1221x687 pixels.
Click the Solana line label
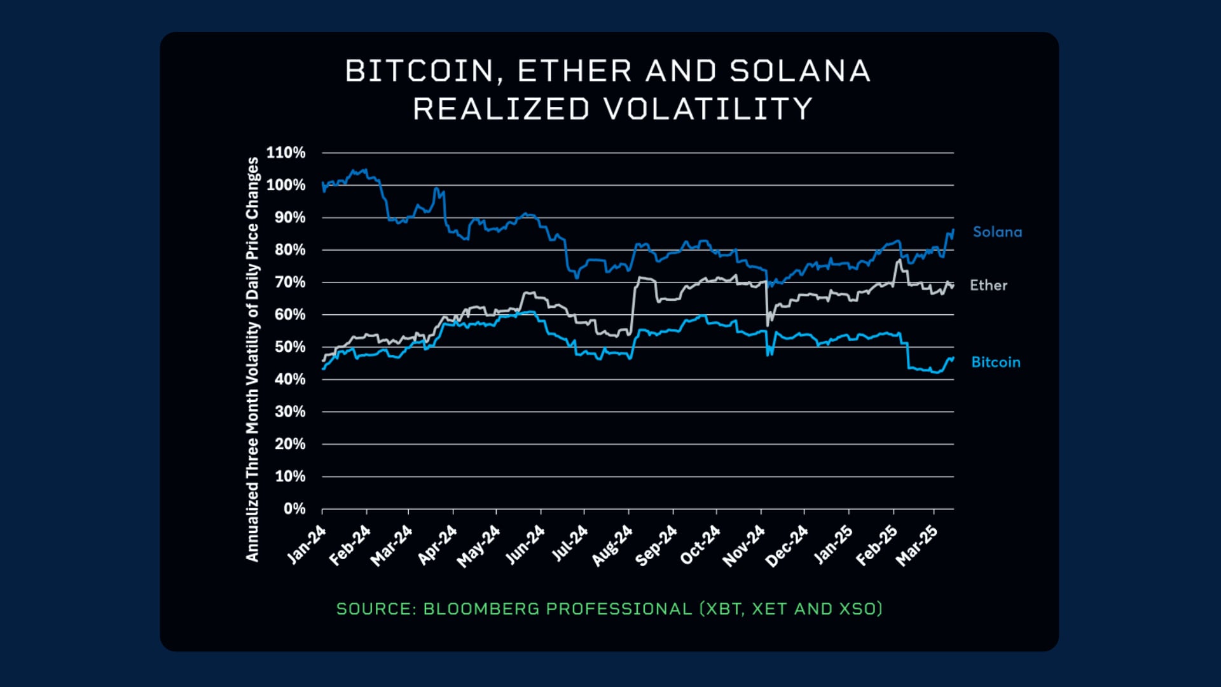click(x=997, y=232)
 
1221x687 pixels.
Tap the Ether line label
click(x=988, y=286)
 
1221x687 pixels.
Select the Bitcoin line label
click(x=995, y=363)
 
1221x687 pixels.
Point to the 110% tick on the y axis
click(x=286, y=153)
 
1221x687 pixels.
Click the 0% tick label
click(x=294, y=509)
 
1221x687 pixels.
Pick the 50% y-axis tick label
click(x=290, y=347)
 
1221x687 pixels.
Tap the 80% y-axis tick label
click(x=290, y=250)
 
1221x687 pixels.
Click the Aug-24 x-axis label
click(x=612, y=546)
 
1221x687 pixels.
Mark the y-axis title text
click(x=252, y=359)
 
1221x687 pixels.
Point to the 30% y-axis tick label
click(x=290, y=412)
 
